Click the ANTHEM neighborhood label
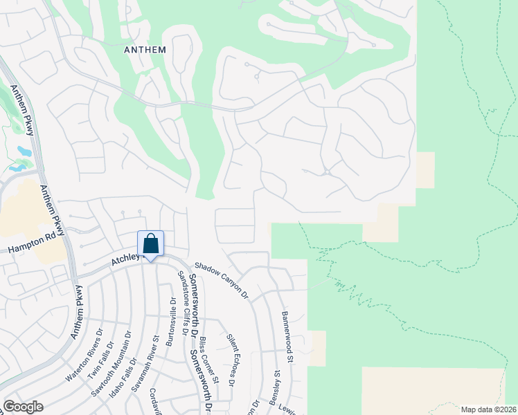[x=145, y=50]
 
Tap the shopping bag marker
[x=151, y=244]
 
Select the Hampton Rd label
[x=30, y=242]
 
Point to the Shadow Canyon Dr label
[x=221, y=279]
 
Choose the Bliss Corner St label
[x=206, y=361]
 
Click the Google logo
[x=23, y=407]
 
